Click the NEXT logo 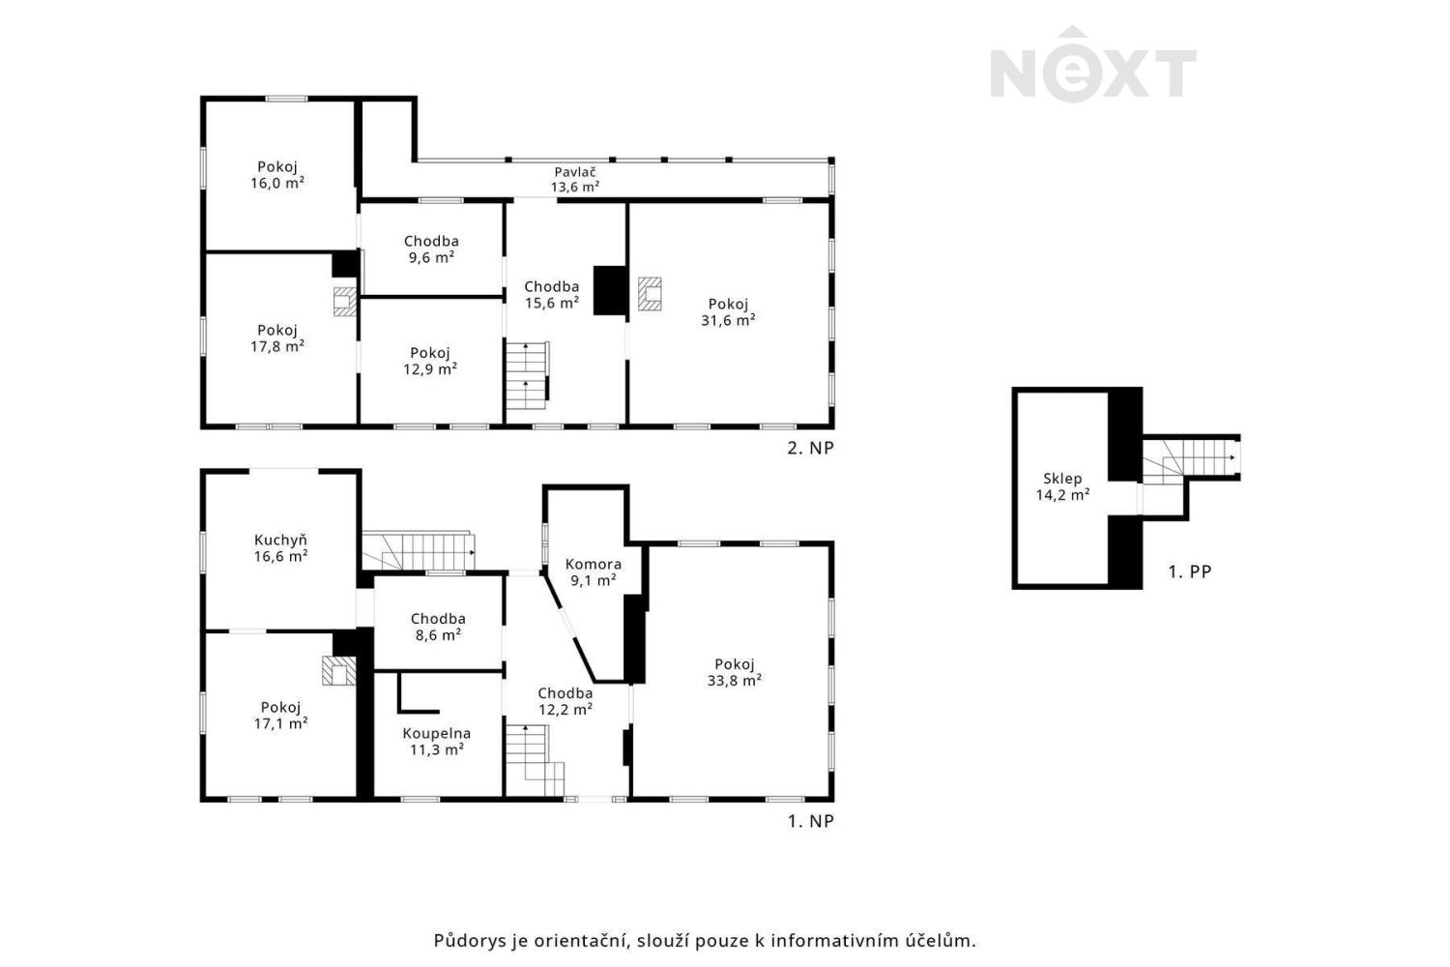1092,64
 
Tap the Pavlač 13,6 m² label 575,180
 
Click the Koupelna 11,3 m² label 436,742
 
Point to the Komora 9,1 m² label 593,572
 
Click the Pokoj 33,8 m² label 734,672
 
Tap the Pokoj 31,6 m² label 728,312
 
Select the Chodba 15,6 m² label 552,295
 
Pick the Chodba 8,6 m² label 438,627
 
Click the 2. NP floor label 810,448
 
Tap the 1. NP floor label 810,821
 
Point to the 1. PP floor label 1189,571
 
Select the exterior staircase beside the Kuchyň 419,551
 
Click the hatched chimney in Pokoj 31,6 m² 650,294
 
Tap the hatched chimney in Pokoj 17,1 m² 338,670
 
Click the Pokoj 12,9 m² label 430,361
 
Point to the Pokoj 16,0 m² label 277,175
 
